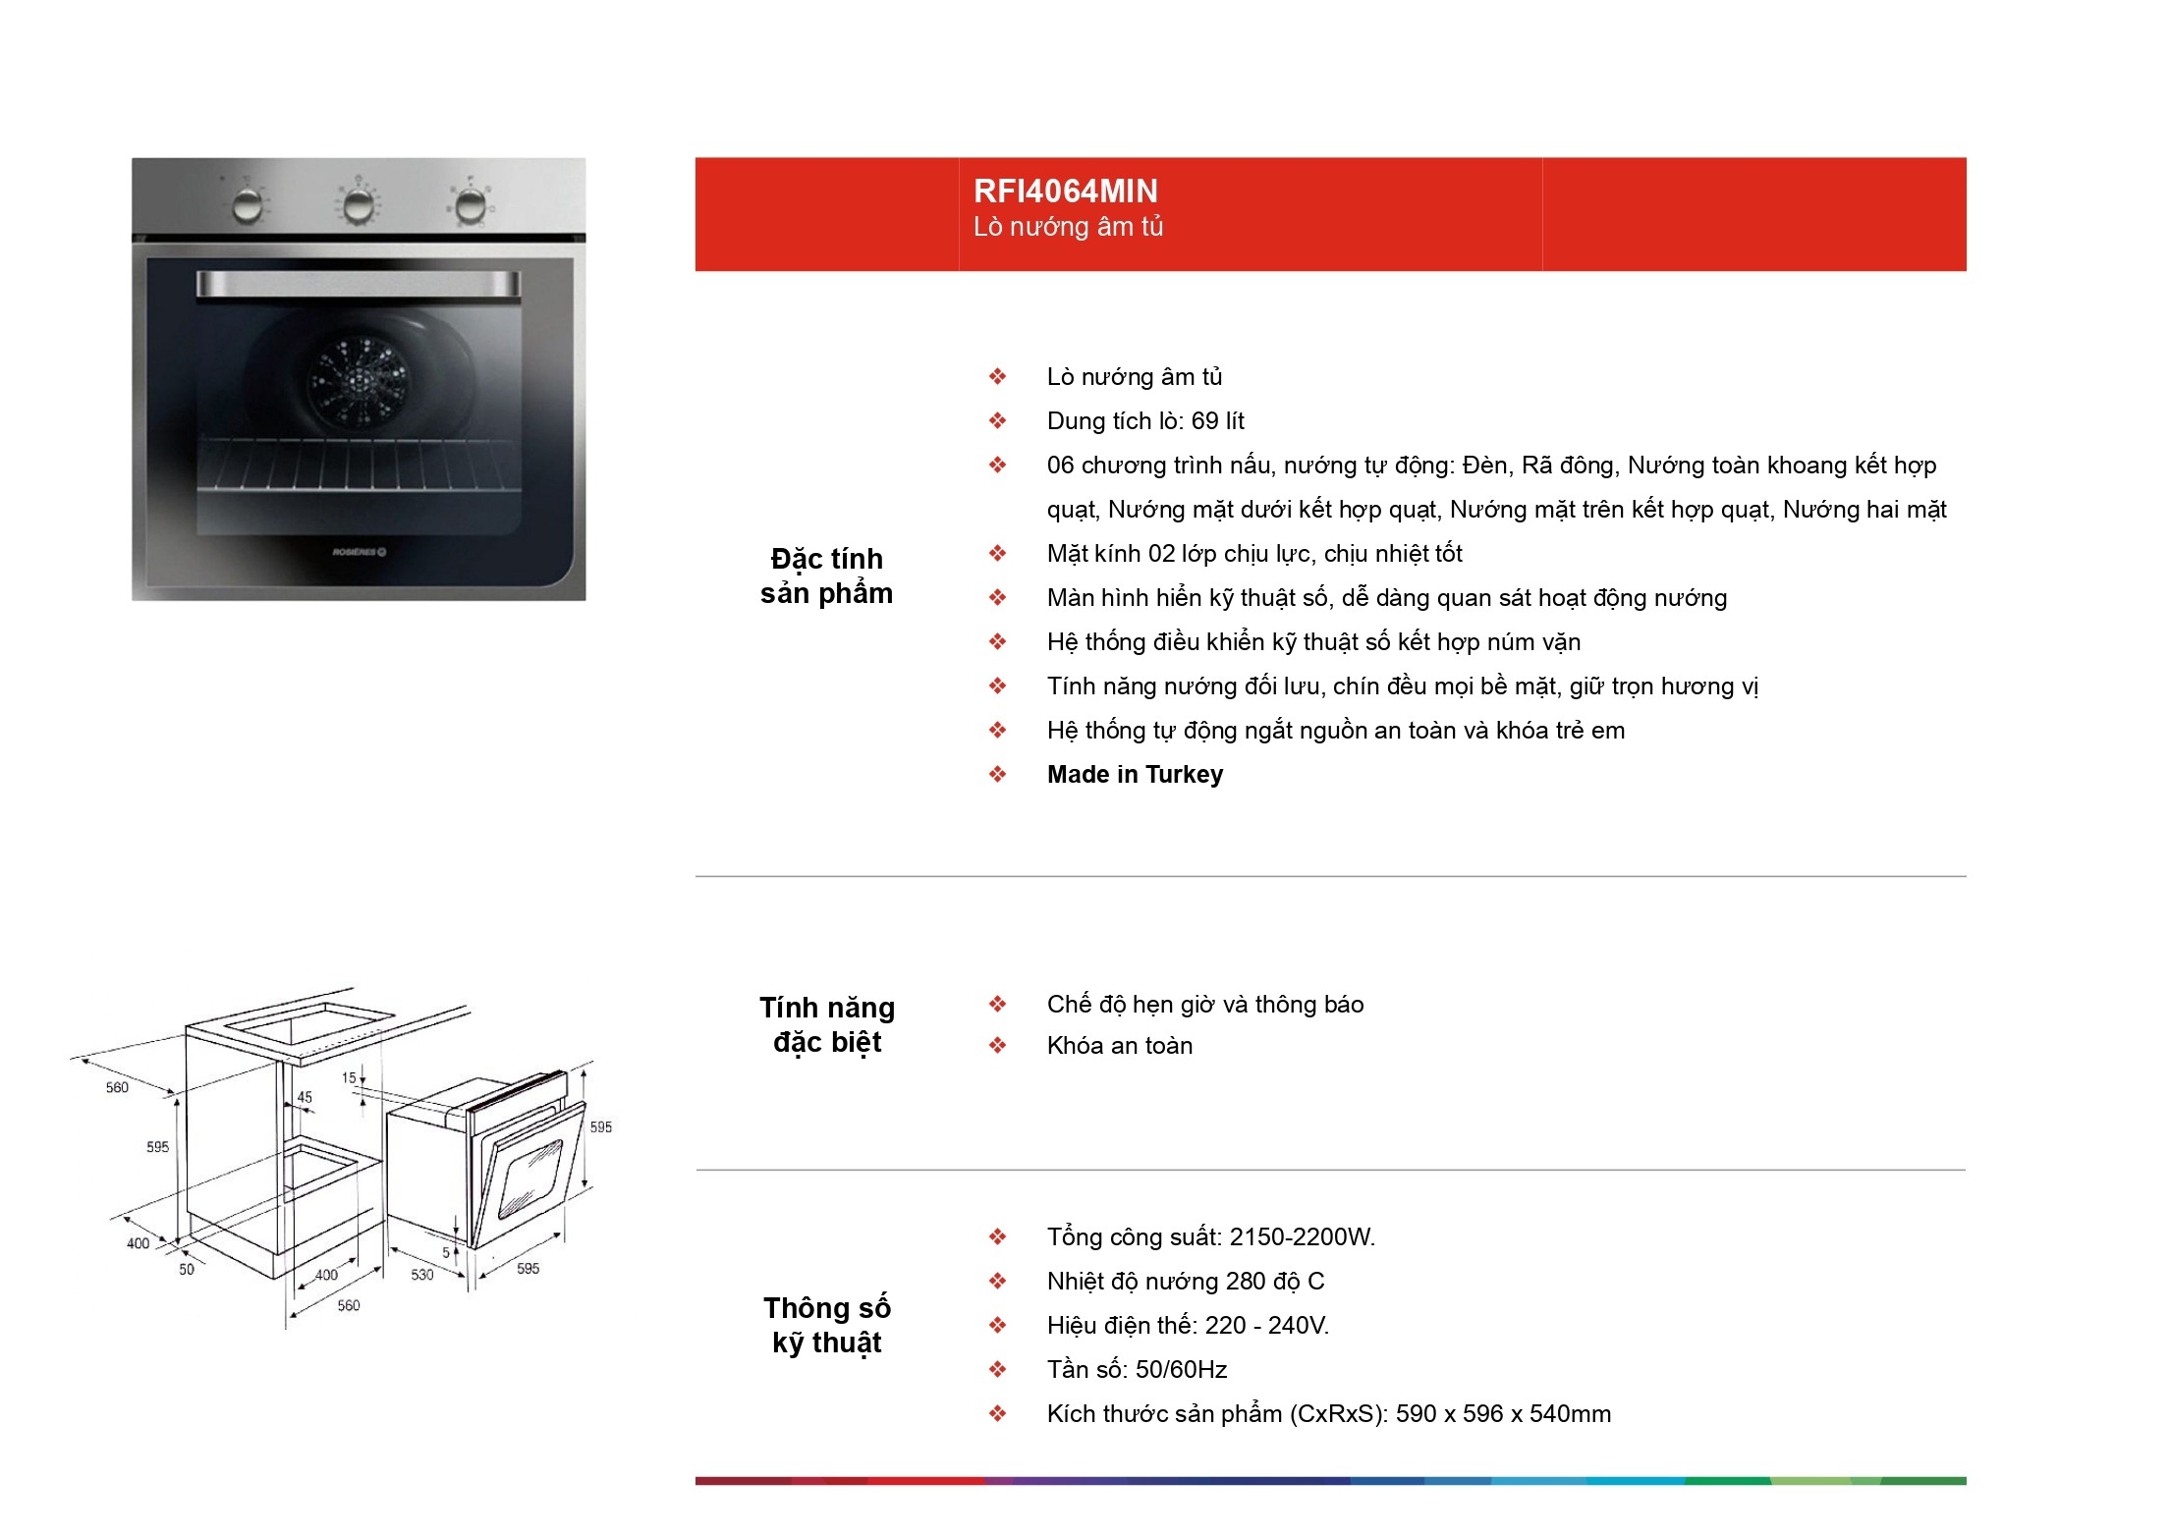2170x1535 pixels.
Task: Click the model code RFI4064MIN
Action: click(x=1065, y=191)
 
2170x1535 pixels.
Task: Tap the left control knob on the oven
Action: click(x=248, y=205)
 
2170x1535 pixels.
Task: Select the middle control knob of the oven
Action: click(x=359, y=204)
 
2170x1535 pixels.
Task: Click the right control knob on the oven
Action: click(x=471, y=204)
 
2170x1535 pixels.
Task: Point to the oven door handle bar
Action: click(x=359, y=284)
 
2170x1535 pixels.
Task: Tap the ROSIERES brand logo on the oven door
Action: click(x=360, y=552)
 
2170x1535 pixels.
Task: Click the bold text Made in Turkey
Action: click(x=1135, y=775)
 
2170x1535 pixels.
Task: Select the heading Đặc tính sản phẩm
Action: click(x=827, y=576)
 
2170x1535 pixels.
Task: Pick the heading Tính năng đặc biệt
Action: click(x=827, y=1024)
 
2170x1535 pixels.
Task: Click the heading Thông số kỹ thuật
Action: click(x=827, y=1325)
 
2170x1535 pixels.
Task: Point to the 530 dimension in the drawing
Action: click(x=421, y=1275)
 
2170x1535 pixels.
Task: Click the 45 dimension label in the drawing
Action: click(x=305, y=1097)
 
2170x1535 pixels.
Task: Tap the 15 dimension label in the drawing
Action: click(x=349, y=1077)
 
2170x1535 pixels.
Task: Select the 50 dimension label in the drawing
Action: click(x=187, y=1269)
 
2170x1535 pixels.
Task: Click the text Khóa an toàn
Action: click(x=1120, y=1046)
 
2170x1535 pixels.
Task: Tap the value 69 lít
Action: click(x=1218, y=421)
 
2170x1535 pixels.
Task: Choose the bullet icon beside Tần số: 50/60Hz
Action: click(x=997, y=1369)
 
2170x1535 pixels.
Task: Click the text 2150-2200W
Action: click(x=1303, y=1237)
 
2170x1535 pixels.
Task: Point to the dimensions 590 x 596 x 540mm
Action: click(x=1503, y=1414)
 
